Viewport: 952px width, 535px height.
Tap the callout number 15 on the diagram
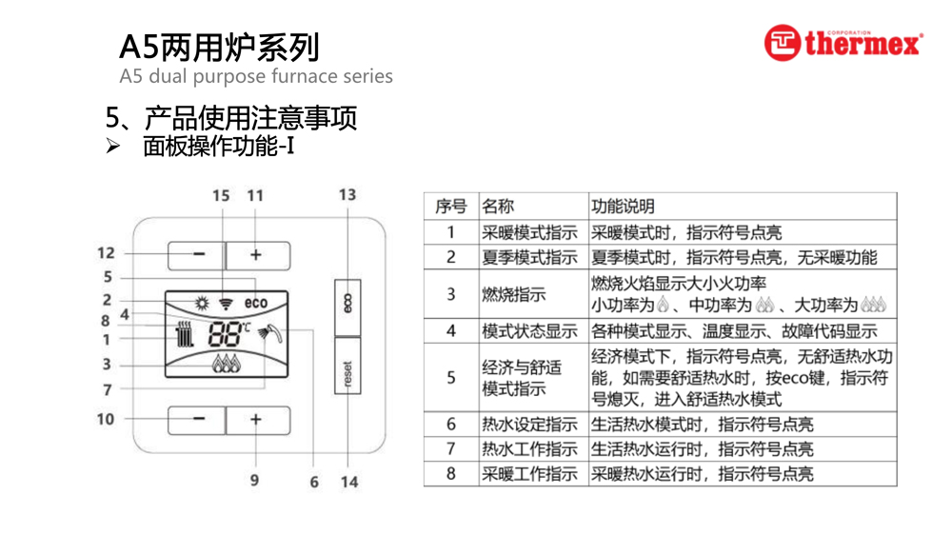coord(221,196)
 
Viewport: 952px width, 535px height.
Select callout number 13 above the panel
coord(347,195)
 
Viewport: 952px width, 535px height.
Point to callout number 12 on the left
coord(106,253)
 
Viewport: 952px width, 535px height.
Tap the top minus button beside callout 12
coord(197,255)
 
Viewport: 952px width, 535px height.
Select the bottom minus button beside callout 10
coord(197,420)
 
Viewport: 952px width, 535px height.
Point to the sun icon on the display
coord(201,304)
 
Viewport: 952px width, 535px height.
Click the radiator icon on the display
coord(185,334)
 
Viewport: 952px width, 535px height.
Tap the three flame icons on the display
coord(226,363)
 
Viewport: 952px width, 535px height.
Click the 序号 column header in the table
coord(450,207)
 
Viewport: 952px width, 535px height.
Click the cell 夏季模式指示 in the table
coord(529,257)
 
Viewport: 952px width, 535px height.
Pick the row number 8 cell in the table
coord(451,473)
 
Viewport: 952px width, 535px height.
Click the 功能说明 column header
coord(623,207)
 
